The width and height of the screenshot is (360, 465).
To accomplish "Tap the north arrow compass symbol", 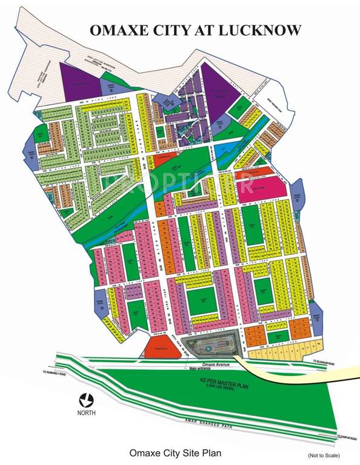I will tap(86, 401).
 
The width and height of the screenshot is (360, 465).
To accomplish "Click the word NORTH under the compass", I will tap(86, 415).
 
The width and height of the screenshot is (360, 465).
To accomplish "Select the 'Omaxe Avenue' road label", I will tap(203, 364).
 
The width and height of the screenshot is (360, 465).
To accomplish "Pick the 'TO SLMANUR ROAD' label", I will tap(327, 361).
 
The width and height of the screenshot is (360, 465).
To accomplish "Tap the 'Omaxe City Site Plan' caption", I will tap(175, 452).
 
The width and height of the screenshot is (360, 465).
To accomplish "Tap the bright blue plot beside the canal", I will tap(225, 148).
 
